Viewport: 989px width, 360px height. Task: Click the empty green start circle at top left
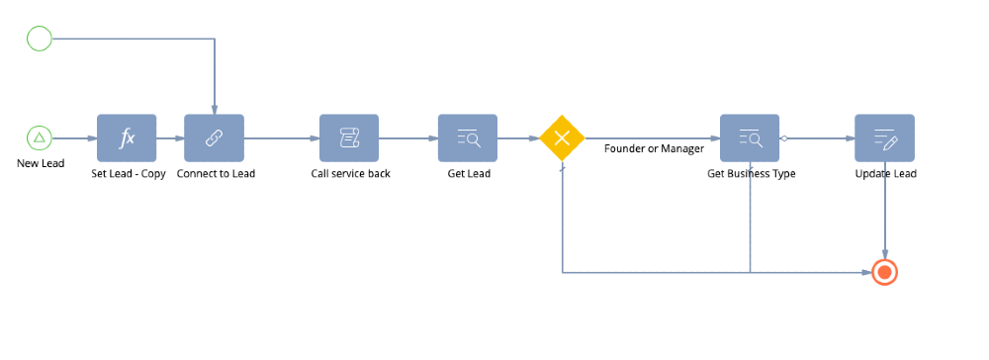point(39,39)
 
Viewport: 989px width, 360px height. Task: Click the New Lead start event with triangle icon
point(39,137)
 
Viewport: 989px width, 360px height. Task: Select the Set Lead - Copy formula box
point(127,137)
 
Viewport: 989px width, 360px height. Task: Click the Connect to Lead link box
point(214,137)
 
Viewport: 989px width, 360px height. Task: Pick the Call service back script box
point(349,137)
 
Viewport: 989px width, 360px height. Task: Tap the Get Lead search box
point(468,137)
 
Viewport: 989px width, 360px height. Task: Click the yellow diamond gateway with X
point(562,137)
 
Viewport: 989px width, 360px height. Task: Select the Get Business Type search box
point(750,137)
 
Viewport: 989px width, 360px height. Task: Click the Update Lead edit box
point(884,137)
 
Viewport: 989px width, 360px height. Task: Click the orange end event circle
point(884,272)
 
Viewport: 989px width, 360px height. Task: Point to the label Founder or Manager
point(654,149)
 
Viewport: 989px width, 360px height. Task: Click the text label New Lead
point(41,163)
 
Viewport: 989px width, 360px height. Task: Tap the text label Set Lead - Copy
point(128,174)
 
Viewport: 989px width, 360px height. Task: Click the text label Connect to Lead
point(216,174)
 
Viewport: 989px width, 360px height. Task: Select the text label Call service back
point(350,174)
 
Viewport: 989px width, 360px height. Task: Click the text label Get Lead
point(468,174)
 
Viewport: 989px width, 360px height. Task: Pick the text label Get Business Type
point(751,174)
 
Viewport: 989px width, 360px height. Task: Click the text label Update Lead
point(885,174)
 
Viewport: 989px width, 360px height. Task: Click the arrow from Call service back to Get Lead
point(408,137)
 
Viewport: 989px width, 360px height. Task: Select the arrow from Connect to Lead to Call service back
point(281,137)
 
